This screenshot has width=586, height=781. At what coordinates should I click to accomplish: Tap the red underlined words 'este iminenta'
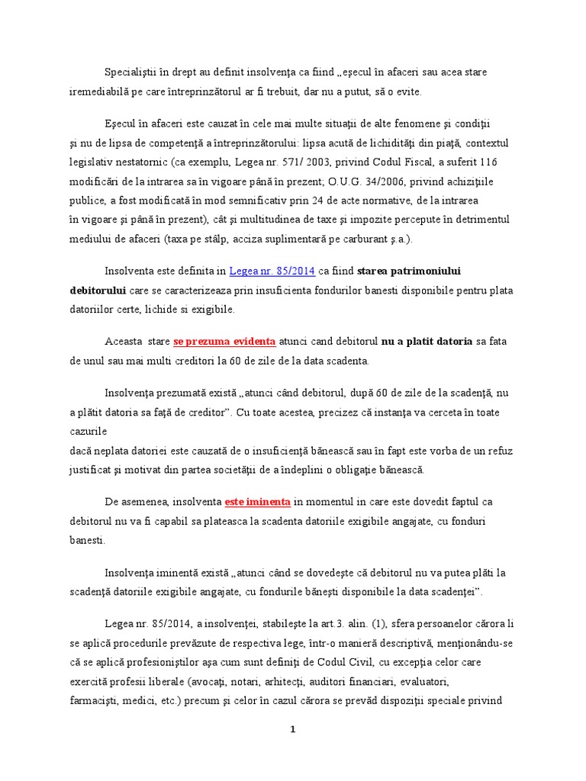tap(257, 503)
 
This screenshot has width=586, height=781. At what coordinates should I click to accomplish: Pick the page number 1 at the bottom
tap(292, 729)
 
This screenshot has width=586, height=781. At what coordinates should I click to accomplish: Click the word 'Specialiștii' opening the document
tap(131, 72)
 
